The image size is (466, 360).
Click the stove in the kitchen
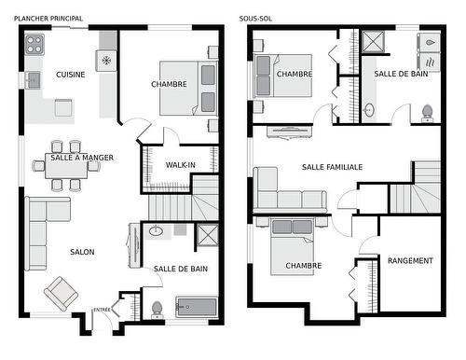tap(34, 43)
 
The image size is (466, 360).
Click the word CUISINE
tap(71, 74)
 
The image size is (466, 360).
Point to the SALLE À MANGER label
tap(82, 158)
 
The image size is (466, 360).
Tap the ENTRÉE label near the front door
tap(103, 310)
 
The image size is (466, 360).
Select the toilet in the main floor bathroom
tap(158, 308)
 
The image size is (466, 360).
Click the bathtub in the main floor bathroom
tap(197, 307)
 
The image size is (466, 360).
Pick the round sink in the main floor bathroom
tap(156, 230)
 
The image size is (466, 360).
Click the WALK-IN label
tap(180, 165)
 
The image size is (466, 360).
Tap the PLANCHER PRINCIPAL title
tap(48, 18)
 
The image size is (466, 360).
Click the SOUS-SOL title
tap(255, 18)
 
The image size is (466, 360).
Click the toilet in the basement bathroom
tap(427, 113)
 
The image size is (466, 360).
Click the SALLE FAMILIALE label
tap(332, 167)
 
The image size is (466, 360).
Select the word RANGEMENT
tap(410, 261)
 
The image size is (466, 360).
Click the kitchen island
tap(64, 108)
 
